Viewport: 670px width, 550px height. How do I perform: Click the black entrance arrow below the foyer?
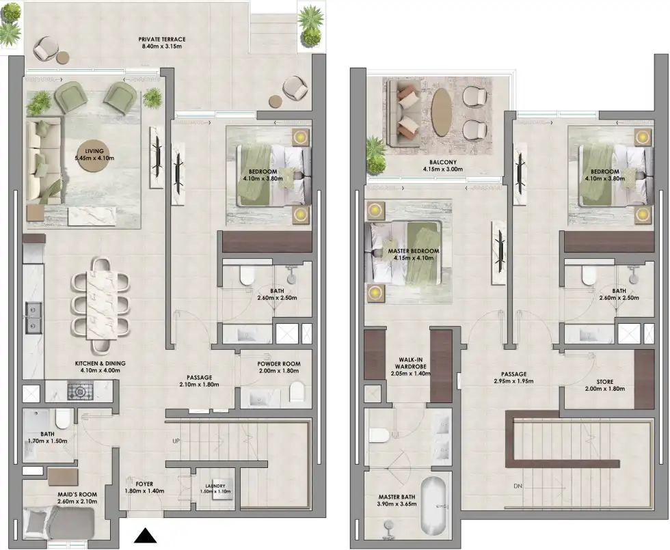(145, 535)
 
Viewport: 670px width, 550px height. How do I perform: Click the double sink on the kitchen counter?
(32, 316)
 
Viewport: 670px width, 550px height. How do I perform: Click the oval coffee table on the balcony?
(442, 112)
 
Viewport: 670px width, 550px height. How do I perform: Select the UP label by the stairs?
(176, 441)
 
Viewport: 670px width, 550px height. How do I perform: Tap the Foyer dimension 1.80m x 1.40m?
(144, 492)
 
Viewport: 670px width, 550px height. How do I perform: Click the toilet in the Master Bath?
(379, 435)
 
